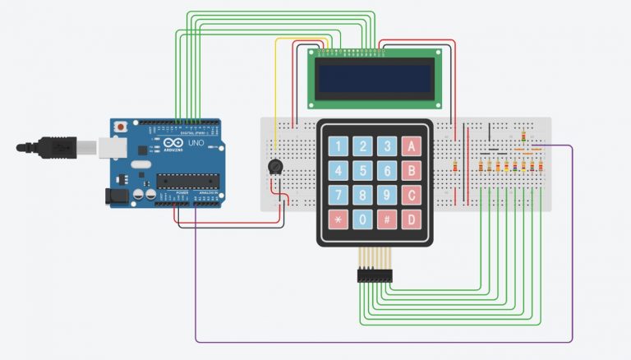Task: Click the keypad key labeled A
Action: (411, 147)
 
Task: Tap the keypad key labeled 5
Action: (362, 172)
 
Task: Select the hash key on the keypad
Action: (386, 220)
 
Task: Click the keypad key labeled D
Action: (411, 220)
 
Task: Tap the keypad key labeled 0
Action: (362, 220)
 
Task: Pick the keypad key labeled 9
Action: (386, 196)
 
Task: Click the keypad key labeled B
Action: (411, 172)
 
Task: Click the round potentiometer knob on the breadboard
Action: (276, 167)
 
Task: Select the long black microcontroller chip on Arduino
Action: (188, 179)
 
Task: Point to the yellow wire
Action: (276, 82)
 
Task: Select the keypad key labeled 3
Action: (386, 147)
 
